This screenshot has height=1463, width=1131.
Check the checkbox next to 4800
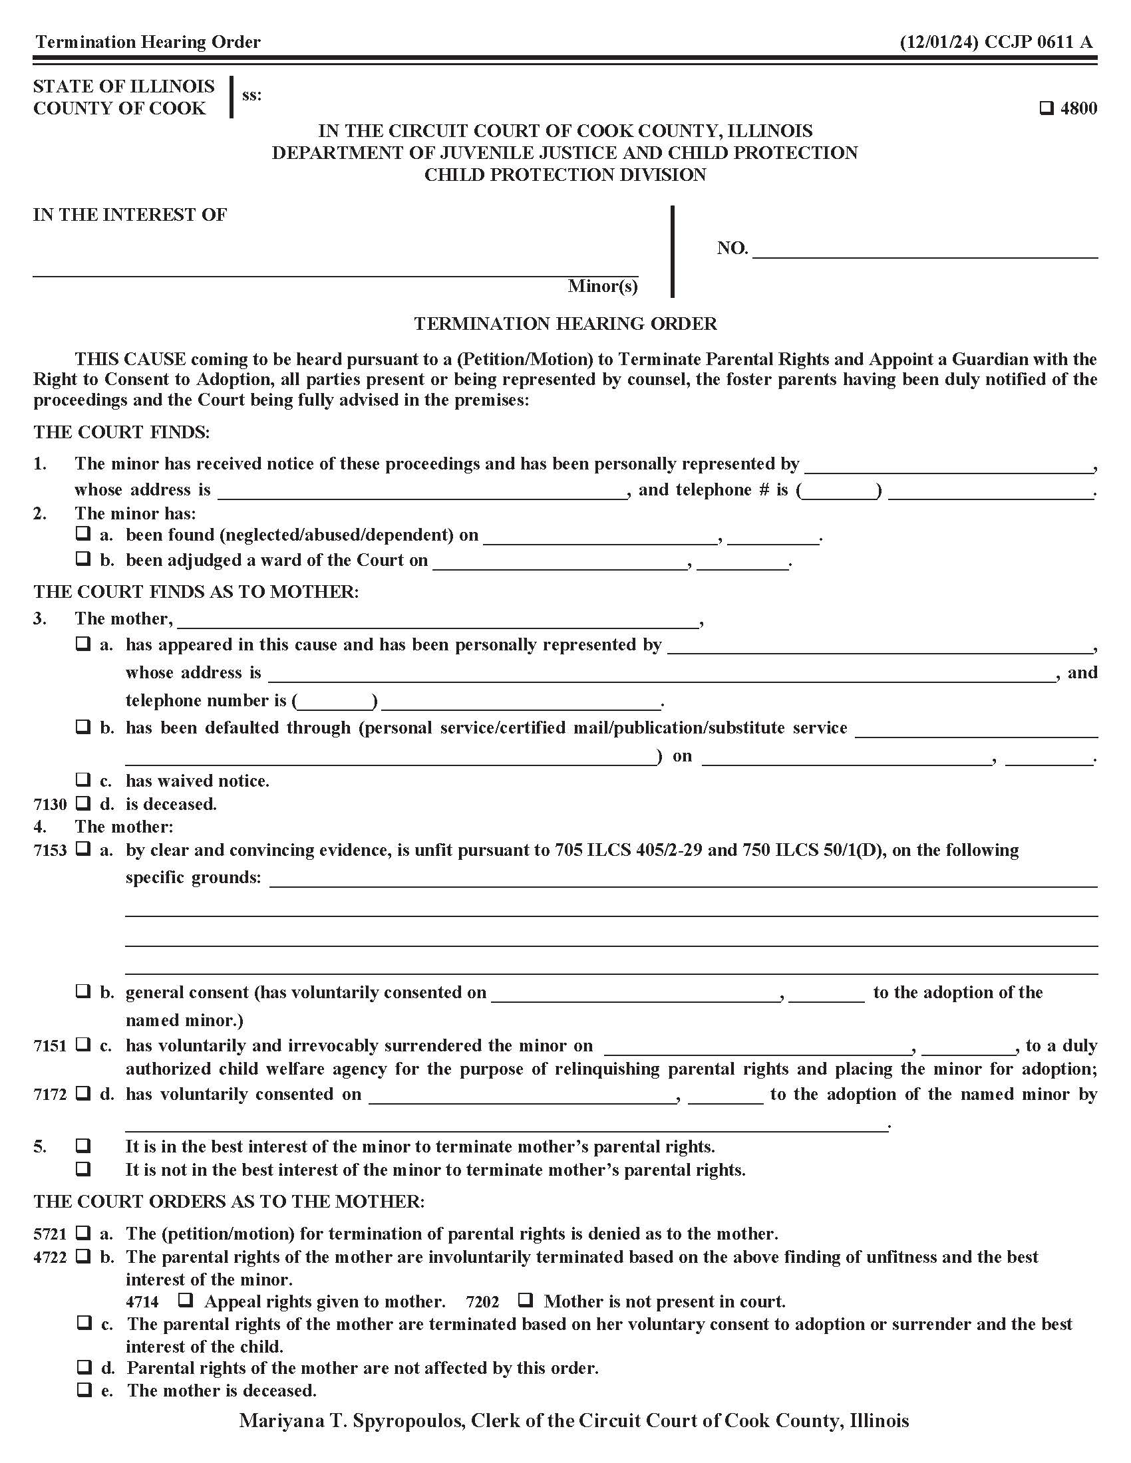[x=1047, y=108]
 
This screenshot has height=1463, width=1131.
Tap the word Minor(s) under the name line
[x=602, y=286]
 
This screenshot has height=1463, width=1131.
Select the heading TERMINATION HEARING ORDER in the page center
[x=565, y=324]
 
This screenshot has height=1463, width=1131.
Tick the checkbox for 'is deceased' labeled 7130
[x=83, y=803]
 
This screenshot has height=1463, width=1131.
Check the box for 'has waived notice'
[x=83, y=780]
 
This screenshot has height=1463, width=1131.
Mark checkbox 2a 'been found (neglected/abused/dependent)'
[x=83, y=534]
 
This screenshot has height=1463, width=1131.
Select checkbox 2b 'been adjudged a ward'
[x=83, y=559]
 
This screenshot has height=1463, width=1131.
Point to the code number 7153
[x=51, y=851]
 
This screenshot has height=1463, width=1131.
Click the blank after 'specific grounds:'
[x=682, y=879]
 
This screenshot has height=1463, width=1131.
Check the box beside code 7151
[x=83, y=1045]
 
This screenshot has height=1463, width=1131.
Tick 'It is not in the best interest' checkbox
[x=83, y=1169]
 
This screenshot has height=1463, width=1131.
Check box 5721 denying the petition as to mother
[x=83, y=1232]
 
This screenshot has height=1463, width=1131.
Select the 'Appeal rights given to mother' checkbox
[x=186, y=1301]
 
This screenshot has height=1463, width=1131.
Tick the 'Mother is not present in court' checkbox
[x=526, y=1301]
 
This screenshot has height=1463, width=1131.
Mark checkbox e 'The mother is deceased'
[x=83, y=1390]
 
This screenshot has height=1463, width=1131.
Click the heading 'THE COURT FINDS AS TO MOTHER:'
[x=196, y=591]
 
